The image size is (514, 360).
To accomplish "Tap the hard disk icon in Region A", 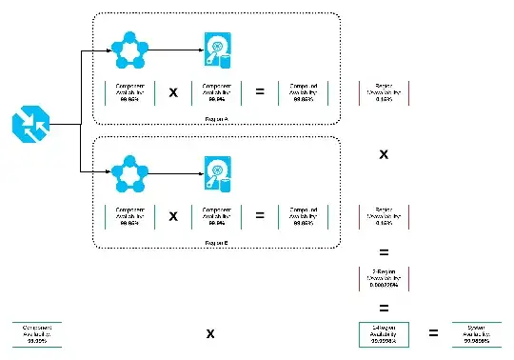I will (218, 50).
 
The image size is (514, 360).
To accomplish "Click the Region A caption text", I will (216, 119).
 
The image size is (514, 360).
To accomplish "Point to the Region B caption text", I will (216, 243).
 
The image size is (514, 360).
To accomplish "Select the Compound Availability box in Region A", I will (304, 92).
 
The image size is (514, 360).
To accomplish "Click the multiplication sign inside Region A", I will (173, 93).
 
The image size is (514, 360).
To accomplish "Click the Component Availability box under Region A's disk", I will (217, 92).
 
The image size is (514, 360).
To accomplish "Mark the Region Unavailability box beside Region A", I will (384, 92).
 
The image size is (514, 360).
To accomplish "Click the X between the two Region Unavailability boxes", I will (384, 154).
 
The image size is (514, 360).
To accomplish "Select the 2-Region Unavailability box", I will (384, 279).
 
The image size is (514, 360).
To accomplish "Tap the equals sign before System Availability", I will (433, 333).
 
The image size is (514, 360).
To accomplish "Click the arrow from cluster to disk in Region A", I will (171, 50).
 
